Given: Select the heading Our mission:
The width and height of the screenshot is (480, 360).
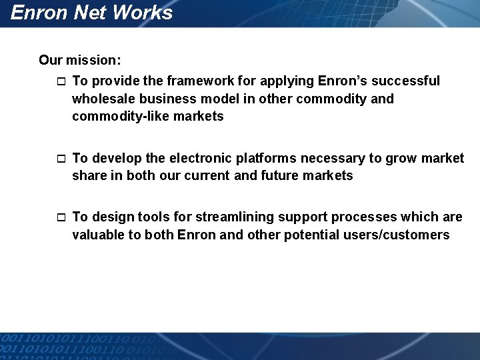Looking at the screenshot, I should click(x=80, y=60).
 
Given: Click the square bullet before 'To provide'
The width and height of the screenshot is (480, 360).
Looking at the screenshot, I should click(x=61, y=82).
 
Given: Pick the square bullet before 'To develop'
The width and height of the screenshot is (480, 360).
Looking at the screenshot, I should click(x=61, y=159).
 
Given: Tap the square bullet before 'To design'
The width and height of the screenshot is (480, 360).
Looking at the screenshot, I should click(x=61, y=218).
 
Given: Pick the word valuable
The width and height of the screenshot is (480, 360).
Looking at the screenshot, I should click(x=98, y=235).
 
